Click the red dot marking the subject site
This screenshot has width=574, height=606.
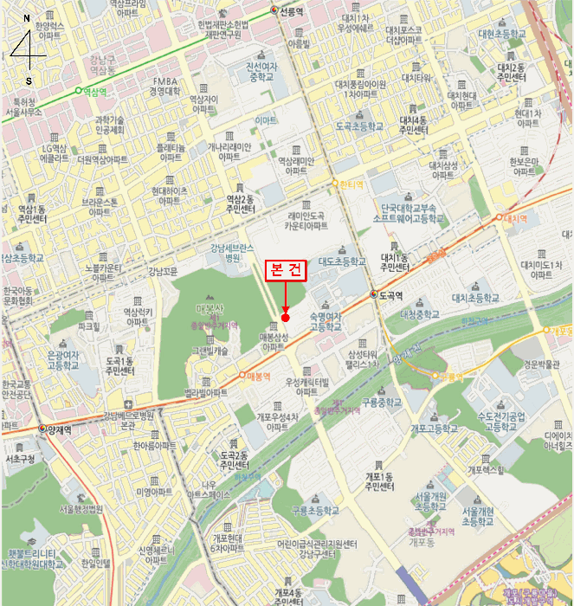286,318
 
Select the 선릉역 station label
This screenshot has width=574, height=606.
291,11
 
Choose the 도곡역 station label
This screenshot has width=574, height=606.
390,295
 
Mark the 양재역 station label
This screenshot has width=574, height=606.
60,429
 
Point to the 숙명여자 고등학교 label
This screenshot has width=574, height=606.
322,321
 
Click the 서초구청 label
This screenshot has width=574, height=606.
19,459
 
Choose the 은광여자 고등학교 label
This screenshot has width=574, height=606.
62,361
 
